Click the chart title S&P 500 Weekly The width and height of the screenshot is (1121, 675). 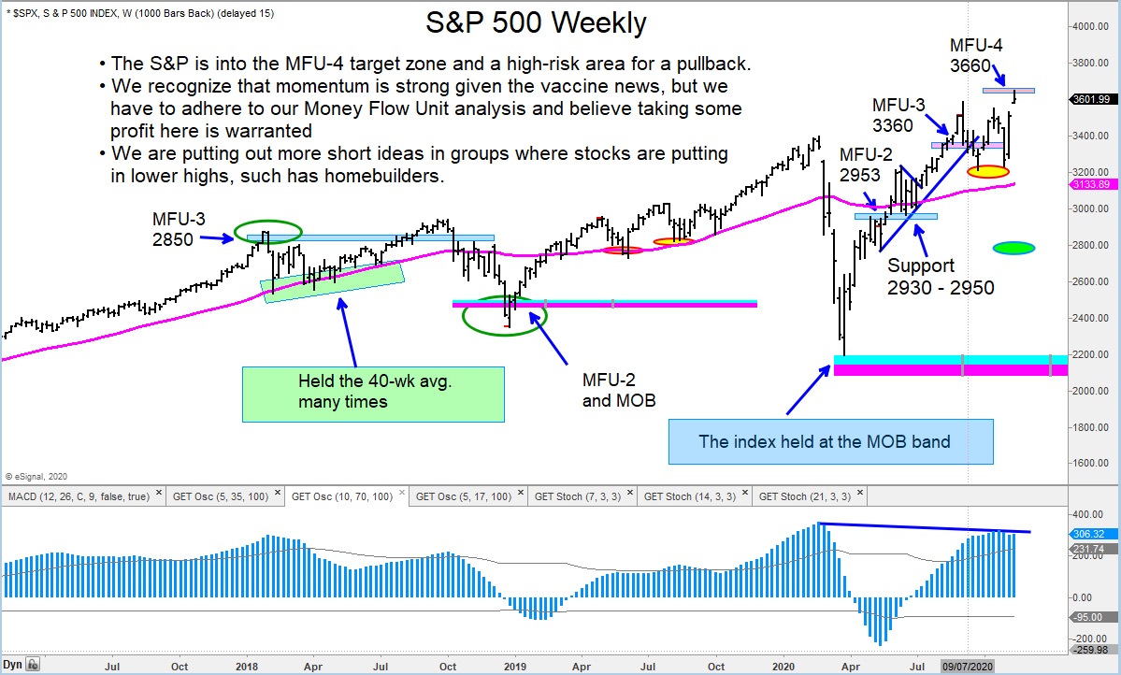pyautogui.click(x=536, y=23)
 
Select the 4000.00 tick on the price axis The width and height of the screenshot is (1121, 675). pyautogui.click(x=1090, y=26)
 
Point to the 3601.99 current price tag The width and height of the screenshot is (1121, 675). pyautogui.click(x=1090, y=100)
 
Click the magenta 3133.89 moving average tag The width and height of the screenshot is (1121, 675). pyautogui.click(x=1090, y=185)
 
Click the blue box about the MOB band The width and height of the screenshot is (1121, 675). pyautogui.click(x=831, y=441)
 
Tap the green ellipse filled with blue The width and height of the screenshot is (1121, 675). pyautogui.click(x=1013, y=248)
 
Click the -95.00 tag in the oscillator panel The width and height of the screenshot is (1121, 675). pyautogui.click(x=1090, y=617)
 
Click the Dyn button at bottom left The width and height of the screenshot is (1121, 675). pyautogui.click(x=14, y=665)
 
